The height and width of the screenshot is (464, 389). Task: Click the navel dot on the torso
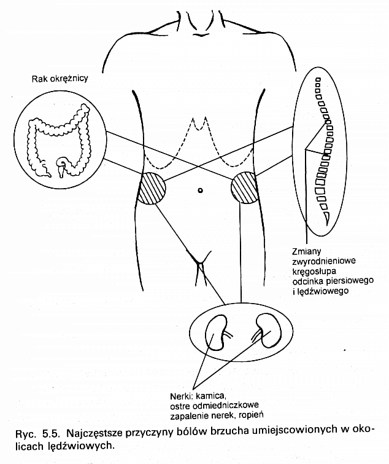click(x=200, y=191)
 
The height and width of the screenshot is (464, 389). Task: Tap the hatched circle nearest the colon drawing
click(x=152, y=188)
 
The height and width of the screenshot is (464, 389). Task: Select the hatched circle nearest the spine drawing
click(x=244, y=187)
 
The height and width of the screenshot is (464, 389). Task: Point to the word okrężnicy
click(x=69, y=79)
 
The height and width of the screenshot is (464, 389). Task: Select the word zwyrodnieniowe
click(x=324, y=261)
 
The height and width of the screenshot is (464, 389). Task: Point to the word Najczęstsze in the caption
click(x=94, y=434)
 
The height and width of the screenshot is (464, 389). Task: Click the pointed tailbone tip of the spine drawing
click(x=326, y=224)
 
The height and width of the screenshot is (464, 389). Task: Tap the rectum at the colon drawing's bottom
click(x=61, y=168)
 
